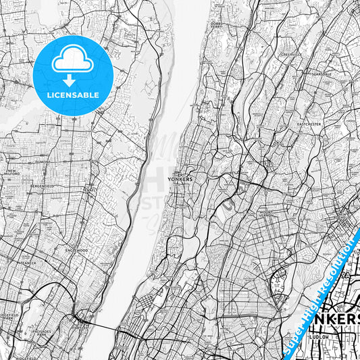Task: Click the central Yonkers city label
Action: (183, 179)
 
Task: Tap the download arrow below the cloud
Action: (72, 80)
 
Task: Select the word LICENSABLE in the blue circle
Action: (72, 95)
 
